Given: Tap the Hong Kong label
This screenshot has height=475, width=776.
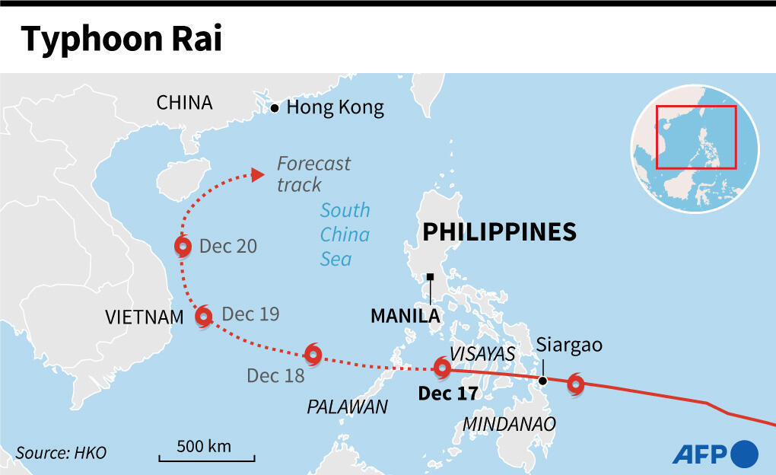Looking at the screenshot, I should click(x=335, y=108).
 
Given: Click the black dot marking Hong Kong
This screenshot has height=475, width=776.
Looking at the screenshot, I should click(x=275, y=109).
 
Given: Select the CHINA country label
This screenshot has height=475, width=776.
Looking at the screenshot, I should click(x=184, y=103).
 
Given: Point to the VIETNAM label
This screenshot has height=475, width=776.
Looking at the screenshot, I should click(x=145, y=317).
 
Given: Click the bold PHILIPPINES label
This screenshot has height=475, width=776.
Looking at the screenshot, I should click(x=499, y=231).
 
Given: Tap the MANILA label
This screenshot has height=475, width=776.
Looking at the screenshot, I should click(x=405, y=315).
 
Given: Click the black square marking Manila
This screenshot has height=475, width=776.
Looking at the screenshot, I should click(x=431, y=277).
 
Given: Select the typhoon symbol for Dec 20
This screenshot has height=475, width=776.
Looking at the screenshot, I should click(x=183, y=246).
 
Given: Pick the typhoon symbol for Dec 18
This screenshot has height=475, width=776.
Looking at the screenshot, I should click(x=313, y=353).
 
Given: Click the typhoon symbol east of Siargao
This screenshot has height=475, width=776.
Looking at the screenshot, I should click(x=576, y=383).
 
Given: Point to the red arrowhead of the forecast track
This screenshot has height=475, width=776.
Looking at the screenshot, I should click(x=258, y=175).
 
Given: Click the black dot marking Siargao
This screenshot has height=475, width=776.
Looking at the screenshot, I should click(x=542, y=381).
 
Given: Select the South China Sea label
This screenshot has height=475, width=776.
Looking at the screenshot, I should click(x=345, y=234).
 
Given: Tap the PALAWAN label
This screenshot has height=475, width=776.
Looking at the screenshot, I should click(x=347, y=407).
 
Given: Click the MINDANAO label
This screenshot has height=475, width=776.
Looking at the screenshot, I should click(x=509, y=423).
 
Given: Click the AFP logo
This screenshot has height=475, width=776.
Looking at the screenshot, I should click(x=714, y=454).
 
